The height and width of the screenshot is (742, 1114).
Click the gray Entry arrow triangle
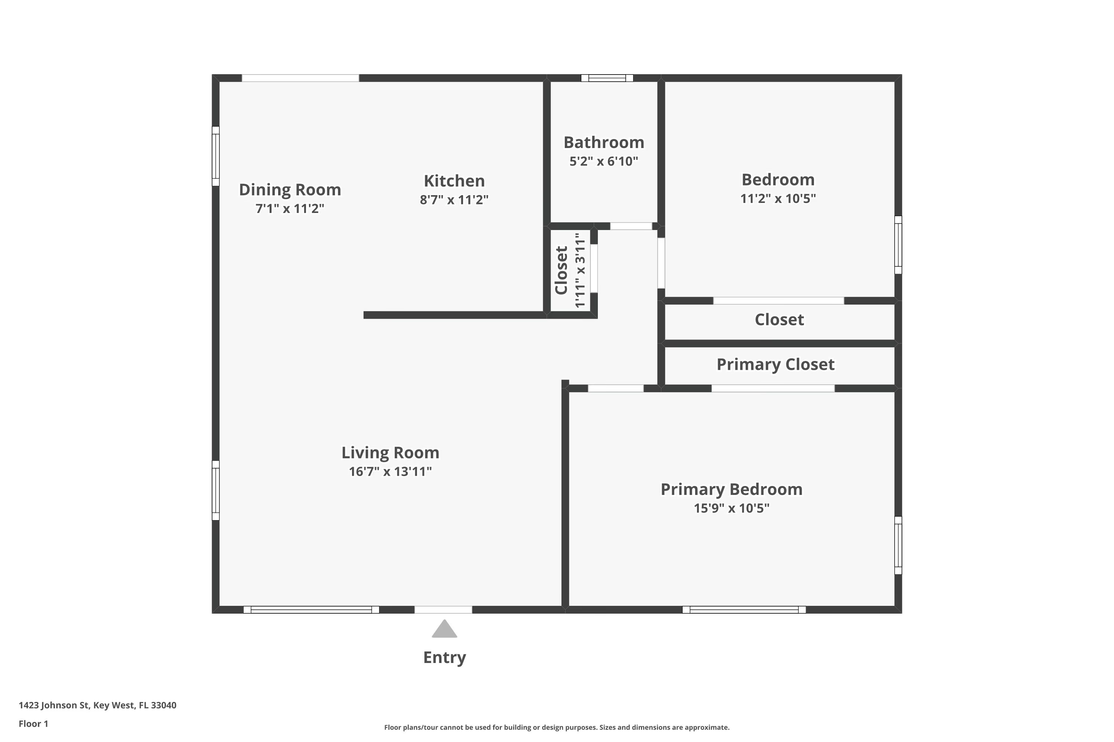444,629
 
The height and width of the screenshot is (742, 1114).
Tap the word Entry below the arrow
444,658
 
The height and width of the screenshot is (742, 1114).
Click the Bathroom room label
603,142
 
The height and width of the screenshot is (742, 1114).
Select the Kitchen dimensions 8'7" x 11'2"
454,200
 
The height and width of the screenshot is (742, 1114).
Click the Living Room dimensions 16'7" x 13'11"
390,471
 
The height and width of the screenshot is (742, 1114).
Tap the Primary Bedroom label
731,490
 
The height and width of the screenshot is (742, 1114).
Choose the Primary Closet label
775,365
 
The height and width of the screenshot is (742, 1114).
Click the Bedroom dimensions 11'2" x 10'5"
778,198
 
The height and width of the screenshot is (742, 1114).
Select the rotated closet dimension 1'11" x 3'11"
580,270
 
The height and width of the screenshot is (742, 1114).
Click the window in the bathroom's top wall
607,78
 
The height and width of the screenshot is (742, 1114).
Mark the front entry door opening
443,610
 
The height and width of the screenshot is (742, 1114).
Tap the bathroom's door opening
631,226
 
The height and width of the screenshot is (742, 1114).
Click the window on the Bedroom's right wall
898,244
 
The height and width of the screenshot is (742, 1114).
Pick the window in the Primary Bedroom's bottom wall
744,610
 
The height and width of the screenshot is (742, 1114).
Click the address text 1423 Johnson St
54,705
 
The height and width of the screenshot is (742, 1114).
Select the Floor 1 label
34,723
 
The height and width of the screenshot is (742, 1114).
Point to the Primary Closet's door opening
773,388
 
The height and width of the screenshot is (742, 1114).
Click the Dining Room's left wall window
215,156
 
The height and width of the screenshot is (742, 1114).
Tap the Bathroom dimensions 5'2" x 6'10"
603,161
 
